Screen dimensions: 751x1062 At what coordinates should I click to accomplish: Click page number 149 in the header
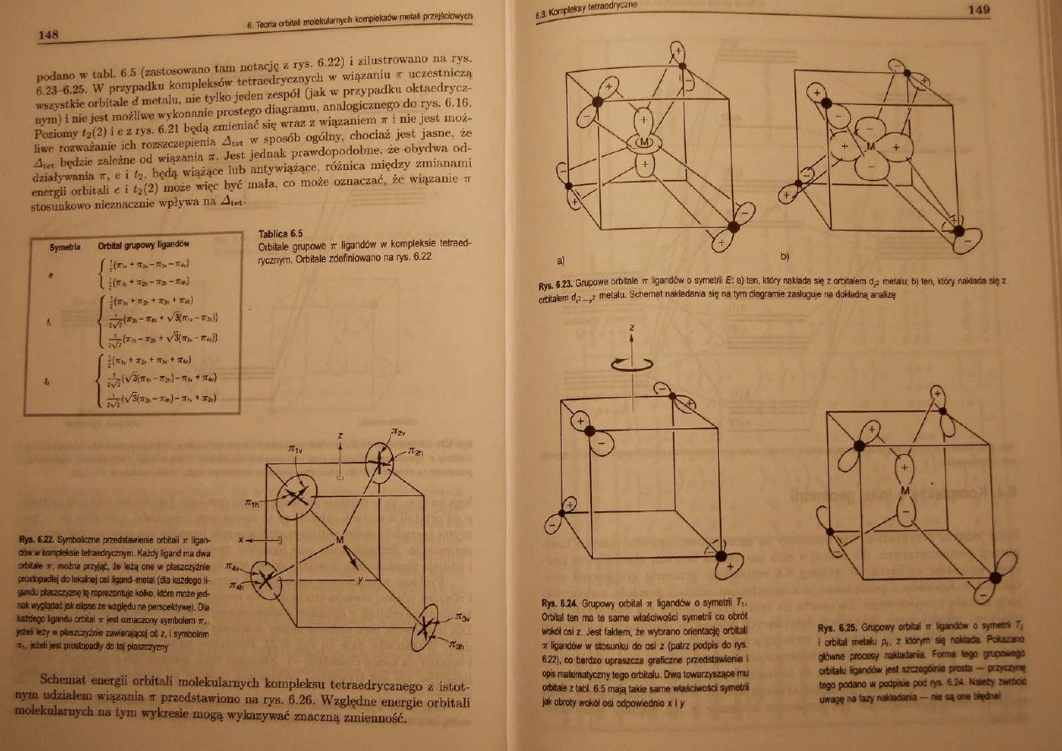[978, 9]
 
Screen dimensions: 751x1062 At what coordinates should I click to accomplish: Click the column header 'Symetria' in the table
[65, 246]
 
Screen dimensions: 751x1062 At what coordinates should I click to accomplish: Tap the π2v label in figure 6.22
[399, 431]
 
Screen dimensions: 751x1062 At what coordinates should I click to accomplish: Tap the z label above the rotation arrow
[631, 327]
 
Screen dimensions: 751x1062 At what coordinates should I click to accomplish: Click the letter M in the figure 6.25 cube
[906, 489]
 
